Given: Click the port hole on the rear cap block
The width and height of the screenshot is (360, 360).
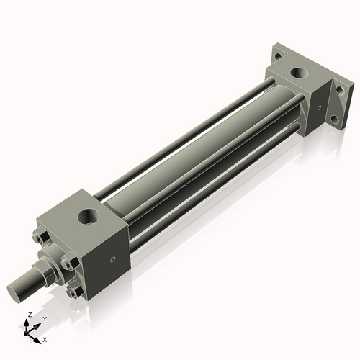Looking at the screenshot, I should coord(298,73).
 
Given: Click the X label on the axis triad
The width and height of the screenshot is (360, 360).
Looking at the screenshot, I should coord(45,338).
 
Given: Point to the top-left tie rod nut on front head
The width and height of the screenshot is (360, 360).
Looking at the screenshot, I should coord(40,240).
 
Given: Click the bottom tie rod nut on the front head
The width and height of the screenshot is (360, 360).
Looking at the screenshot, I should coord(73,292).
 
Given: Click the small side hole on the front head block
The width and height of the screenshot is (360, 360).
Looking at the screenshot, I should coord(112,260).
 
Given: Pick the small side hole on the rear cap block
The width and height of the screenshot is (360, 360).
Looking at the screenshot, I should coord(315,109).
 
